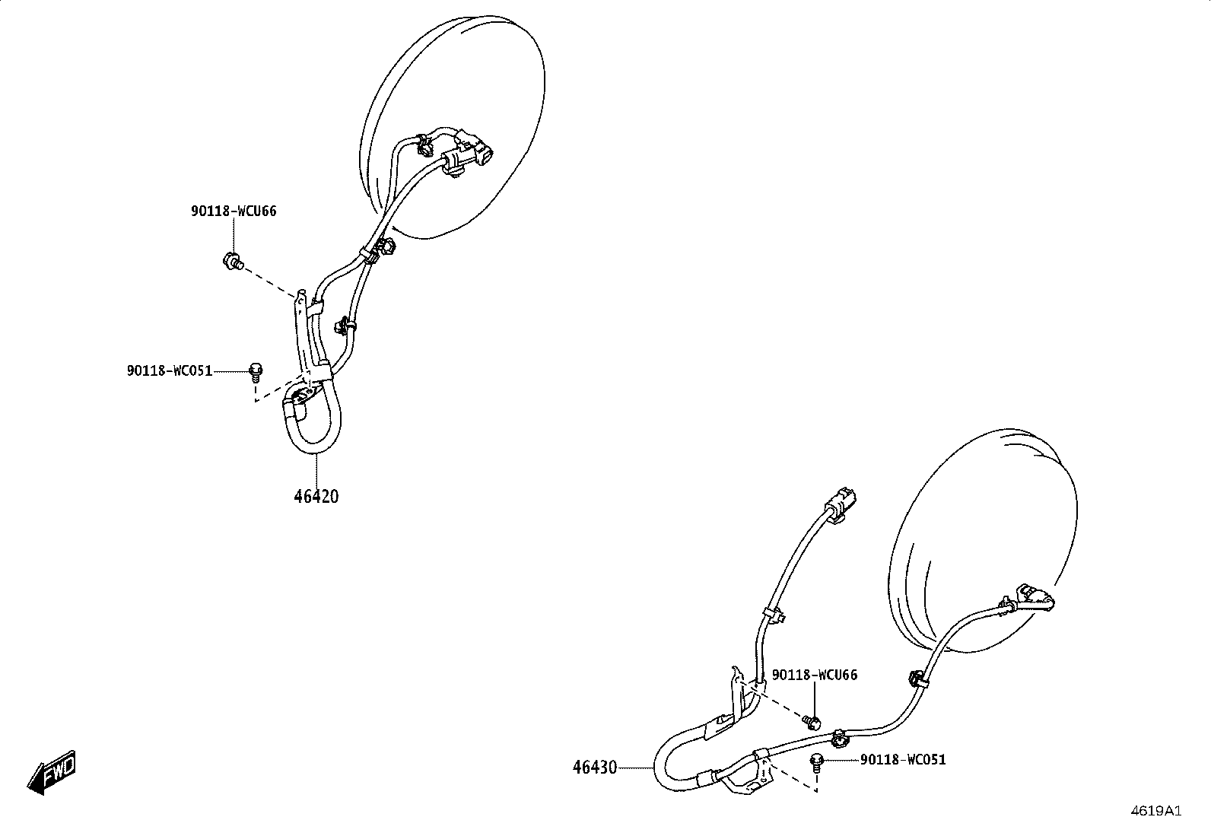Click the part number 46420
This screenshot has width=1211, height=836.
point(316,497)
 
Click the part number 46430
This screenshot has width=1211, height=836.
point(595,768)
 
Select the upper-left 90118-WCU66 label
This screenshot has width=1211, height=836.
point(234,211)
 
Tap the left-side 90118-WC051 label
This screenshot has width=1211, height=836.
point(170,371)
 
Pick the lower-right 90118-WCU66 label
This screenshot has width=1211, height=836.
point(815,675)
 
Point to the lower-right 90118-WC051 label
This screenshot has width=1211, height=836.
point(904,760)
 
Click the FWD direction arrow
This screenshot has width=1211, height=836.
point(52,772)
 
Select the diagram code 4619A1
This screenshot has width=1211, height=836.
point(1156,811)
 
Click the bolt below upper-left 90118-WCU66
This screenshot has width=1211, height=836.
point(233,262)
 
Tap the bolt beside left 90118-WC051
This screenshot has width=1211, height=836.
point(255,373)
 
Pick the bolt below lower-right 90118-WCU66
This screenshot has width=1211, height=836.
point(812,721)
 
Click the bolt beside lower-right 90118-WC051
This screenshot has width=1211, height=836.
point(816,763)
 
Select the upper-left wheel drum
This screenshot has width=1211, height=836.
point(452,127)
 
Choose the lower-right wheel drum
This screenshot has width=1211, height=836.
point(982,541)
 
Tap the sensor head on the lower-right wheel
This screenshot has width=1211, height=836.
point(1035,598)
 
